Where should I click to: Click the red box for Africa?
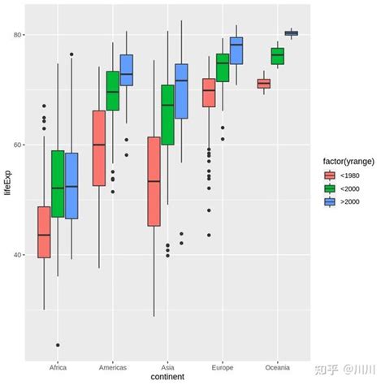(44, 232)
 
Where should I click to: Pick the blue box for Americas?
(127, 70)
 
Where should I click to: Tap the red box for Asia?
(154, 181)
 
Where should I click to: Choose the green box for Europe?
(223, 67)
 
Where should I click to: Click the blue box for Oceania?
(292, 33)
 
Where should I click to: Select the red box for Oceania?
(264, 84)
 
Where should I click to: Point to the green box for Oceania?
(278, 56)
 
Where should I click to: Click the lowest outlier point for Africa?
(58, 345)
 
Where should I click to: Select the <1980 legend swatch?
(330, 175)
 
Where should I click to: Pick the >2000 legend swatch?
(330, 202)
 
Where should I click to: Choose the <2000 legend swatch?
(330, 188)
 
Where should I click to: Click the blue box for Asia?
(181, 91)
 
